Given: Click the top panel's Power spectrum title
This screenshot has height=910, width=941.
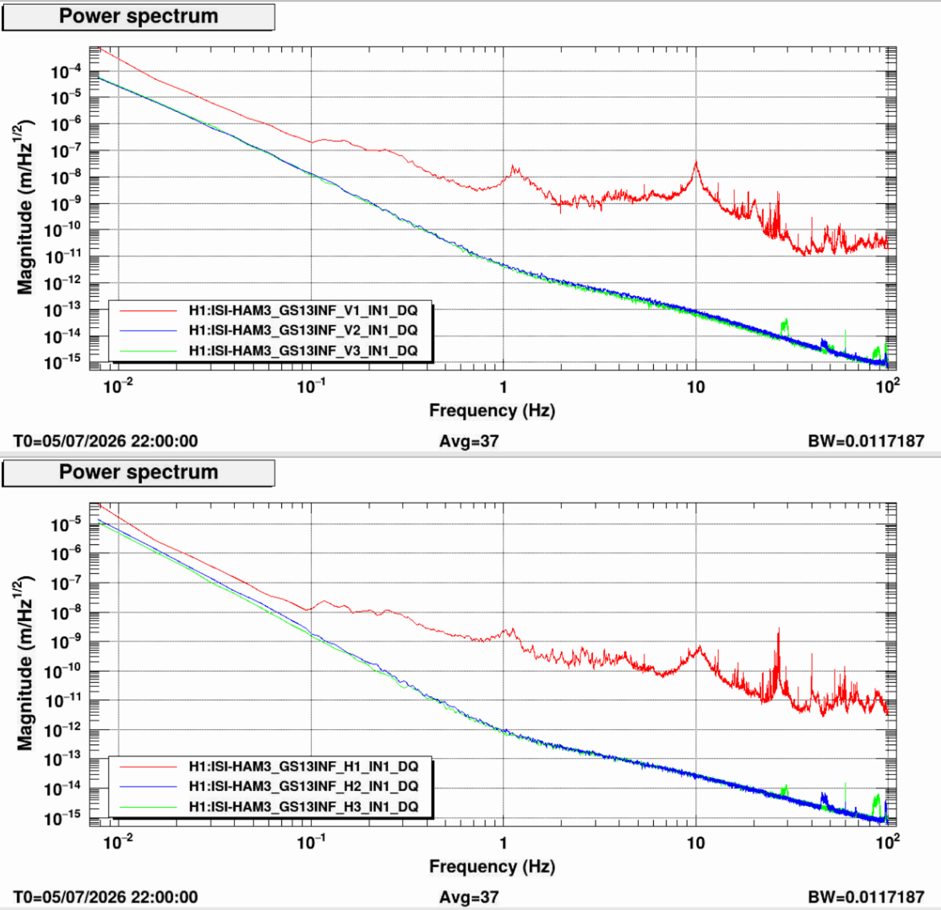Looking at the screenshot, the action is (x=138, y=16).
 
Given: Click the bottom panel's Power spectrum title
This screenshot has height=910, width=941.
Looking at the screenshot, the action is (x=138, y=472).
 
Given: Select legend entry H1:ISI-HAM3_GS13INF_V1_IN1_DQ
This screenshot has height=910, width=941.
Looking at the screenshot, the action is (x=303, y=311).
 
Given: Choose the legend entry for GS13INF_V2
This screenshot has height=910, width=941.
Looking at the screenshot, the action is (x=303, y=330).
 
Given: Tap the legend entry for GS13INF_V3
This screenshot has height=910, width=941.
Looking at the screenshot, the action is (x=303, y=351).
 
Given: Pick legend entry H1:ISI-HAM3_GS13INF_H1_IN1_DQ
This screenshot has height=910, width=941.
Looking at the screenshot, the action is (x=303, y=766).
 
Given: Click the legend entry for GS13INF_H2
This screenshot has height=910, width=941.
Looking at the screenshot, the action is (x=303, y=786).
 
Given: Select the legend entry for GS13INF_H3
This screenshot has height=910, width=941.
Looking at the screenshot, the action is (x=303, y=806).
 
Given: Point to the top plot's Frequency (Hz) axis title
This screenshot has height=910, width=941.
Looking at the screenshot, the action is (x=492, y=410).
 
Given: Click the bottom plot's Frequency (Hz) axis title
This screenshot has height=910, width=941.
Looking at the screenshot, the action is (x=492, y=866).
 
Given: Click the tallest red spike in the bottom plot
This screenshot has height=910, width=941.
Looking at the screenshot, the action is (x=779, y=630).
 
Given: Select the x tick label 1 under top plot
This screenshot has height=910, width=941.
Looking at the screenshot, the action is (x=503, y=387).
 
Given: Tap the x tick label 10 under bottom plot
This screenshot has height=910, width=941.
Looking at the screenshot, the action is (x=695, y=843).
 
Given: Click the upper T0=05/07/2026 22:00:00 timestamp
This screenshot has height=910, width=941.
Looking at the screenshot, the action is (x=106, y=441).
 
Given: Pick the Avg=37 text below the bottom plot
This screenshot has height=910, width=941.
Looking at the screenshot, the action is (x=469, y=898).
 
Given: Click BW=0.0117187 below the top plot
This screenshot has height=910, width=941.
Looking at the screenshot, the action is (x=866, y=441).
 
